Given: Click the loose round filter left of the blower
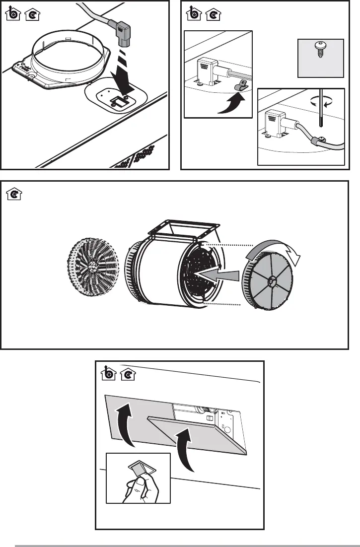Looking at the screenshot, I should coord(91,267).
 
